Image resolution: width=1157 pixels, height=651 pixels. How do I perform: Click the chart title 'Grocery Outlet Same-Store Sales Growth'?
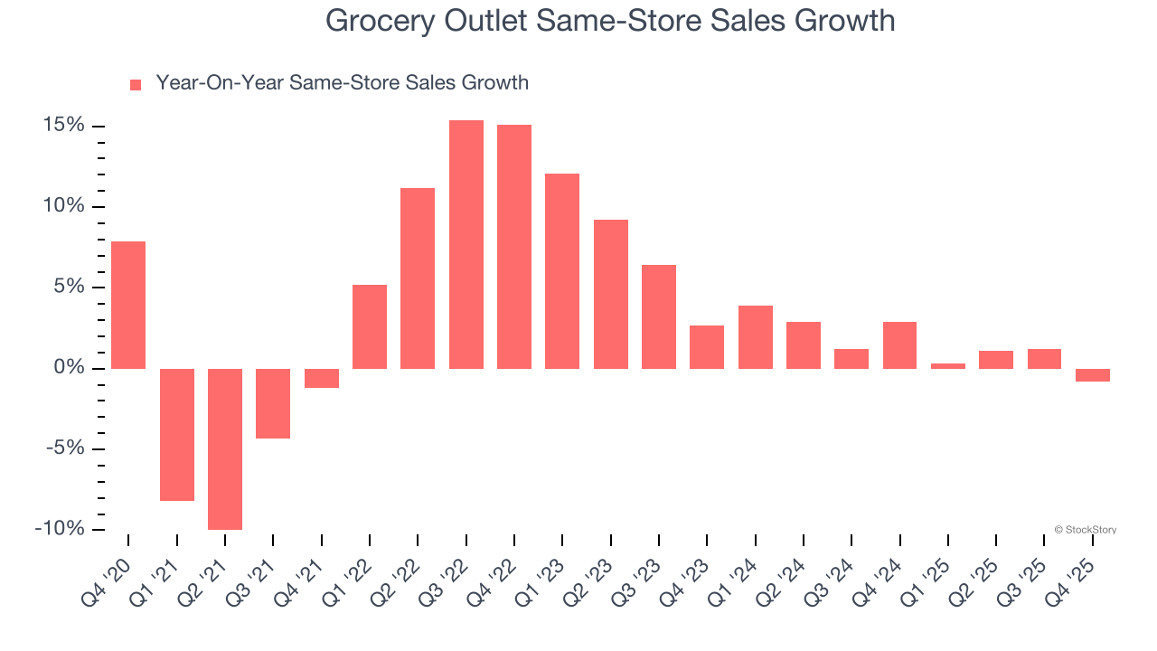[x=610, y=21]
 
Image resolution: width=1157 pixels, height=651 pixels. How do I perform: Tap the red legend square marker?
[x=136, y=84]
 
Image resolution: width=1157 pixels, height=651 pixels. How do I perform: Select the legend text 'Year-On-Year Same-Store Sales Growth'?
[x=342, y=83]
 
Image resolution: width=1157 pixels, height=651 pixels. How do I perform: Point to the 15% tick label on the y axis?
[x=61, y=125]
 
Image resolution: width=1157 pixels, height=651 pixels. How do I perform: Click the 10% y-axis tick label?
[x=61, y=206]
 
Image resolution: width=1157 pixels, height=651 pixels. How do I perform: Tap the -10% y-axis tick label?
[x=59, y=529]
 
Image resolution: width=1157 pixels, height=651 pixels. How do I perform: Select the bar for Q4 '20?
[x=128, y=305]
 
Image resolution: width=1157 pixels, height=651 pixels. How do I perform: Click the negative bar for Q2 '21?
[x=225, y=448]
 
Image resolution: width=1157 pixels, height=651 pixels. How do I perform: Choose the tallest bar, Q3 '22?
[x=466, y=244]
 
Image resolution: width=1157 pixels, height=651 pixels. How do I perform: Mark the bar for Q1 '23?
[x=562, y=271]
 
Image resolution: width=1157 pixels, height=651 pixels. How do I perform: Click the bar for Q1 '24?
[x=756, y=337]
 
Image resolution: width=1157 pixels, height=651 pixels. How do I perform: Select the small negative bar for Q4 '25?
[x=1093, y=375]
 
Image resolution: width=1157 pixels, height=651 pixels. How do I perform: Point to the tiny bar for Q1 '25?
[x=948, y=366]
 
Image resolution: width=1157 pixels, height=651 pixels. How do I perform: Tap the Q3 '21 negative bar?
[x=273, y=403]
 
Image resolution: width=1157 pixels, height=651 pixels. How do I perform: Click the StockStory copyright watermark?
[x=1085, y=530]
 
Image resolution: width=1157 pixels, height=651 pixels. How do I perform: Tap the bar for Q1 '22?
[x=370, y=326]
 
